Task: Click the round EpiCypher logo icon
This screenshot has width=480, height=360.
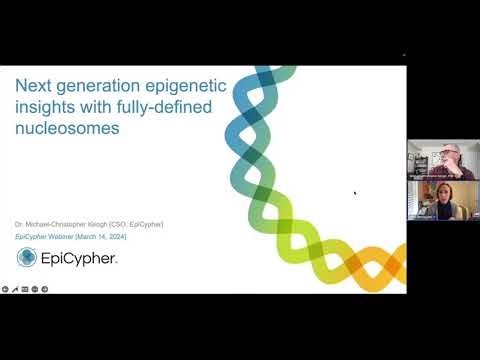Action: pos(28,258)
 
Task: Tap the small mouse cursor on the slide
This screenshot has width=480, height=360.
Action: pos(355,192)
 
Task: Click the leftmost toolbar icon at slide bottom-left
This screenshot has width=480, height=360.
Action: pos(5,288)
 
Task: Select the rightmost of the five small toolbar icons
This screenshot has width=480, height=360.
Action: pos(46,288)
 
